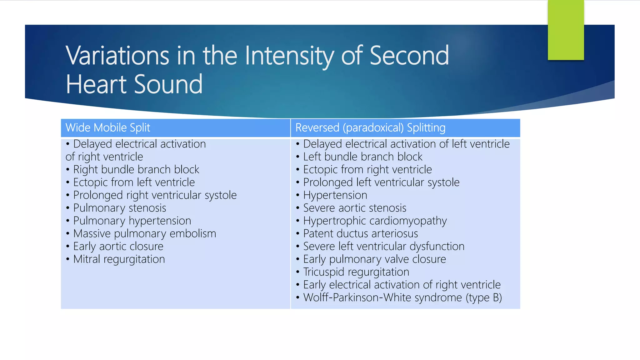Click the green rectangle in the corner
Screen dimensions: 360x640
point(566,30)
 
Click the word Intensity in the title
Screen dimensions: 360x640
point(289,56)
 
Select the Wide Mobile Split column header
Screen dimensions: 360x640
point(108,128)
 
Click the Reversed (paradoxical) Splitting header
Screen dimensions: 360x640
point(370,128)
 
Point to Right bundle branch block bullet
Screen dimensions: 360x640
point(136,170)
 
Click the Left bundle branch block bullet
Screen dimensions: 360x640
point(362,157)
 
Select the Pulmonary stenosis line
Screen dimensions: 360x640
point(119,208)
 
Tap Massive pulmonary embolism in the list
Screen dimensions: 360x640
point(144,234)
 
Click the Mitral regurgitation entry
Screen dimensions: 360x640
point(119,259)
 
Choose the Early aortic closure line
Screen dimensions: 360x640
point(118,247)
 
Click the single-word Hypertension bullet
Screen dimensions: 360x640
point(335,195)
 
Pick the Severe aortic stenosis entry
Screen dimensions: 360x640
point(355,208)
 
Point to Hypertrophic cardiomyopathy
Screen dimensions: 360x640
point(375,221)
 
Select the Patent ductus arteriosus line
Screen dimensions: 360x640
point(360,234)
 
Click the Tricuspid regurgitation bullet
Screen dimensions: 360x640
point(356,272)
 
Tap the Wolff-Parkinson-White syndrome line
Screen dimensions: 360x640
point(382,298)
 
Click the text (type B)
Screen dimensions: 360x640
point(484,298)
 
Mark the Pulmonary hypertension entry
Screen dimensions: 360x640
point(132,221)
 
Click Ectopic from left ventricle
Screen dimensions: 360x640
point(134,182)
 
